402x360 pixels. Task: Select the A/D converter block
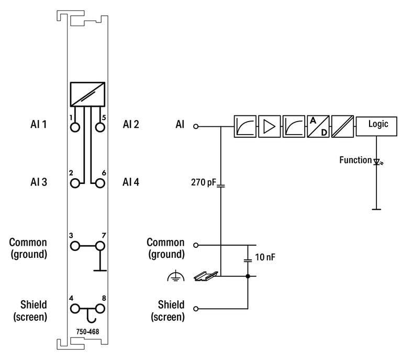pyautogui.click(x=318, y=126)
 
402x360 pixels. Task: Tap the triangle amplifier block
pyautogui.click(x=269, y=126)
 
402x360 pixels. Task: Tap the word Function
pyautogui.click(x=355, y=160)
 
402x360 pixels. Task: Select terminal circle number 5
pyautogui.click(x=100, y=126)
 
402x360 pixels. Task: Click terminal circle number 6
pyautogui.click(x=100, y=183)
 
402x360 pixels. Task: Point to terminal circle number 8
pyautogui.click(x=100, y=309)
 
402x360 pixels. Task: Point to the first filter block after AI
pyautogui.click(x=244, y=126)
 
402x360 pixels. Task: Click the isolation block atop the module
pyautogui.click(x=87, y=94)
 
